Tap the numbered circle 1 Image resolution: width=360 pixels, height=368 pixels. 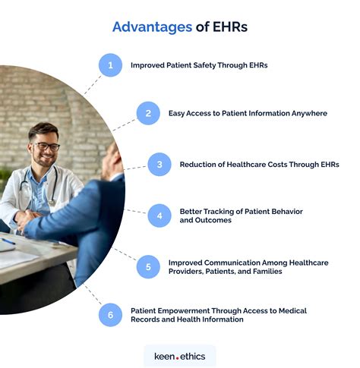[111, 65]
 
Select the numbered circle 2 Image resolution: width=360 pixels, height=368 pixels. [148, 114]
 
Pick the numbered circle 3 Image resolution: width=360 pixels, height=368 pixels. [159, 164]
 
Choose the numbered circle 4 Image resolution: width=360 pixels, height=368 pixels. [159, 215]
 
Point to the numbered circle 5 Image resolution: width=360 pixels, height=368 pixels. [148, 266]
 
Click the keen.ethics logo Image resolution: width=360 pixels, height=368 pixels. [180, 355]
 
